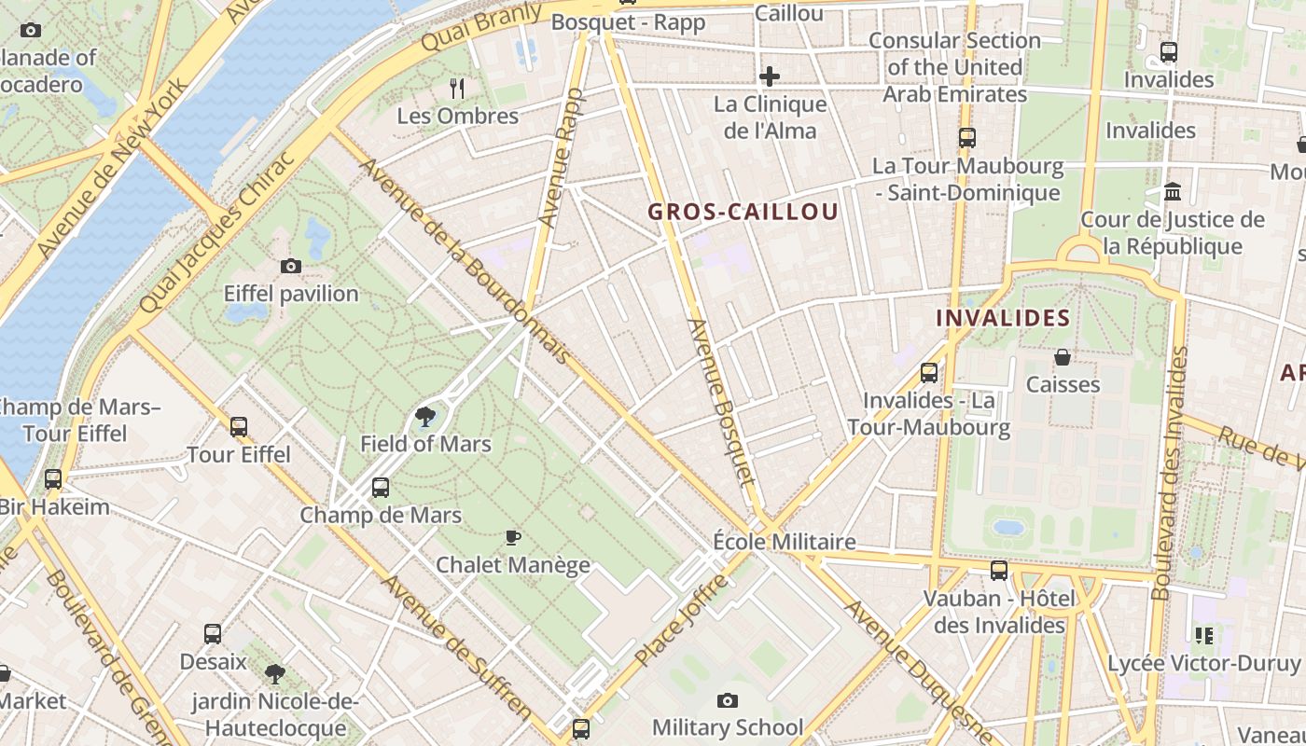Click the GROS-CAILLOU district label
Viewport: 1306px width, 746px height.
tap(743, 212)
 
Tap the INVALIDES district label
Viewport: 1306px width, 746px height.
tap(1003, 318)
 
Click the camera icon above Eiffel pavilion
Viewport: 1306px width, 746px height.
tap(291, 267)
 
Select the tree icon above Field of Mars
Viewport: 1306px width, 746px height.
tap(425, 416)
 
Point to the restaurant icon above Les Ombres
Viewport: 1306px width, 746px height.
tap(457, 89)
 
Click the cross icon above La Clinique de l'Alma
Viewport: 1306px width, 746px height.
tap(770, 76)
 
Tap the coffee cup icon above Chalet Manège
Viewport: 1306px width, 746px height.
tap(512, 537)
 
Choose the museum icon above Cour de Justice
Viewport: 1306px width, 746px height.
tap(1173, 192)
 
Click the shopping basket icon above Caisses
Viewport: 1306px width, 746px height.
tap(1063, 357)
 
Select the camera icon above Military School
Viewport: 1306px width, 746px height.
tap(728, 700)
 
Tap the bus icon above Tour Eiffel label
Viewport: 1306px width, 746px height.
tap(239, 427)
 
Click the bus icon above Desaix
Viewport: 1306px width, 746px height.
tap(213, 634)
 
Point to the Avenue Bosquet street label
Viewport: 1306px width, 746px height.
tap(719, 402)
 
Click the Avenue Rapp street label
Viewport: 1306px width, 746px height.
tap(562, 159)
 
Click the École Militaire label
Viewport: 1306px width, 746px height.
tap(784, 542)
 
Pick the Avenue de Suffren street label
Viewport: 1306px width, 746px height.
tap(457, 647)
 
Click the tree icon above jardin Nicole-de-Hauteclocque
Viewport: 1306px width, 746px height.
tap(274, 673)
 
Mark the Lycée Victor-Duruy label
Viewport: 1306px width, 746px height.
tap(1203, 664)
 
